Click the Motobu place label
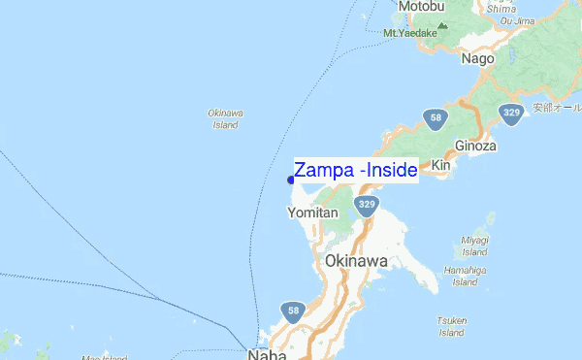(420, 7)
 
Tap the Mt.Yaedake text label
(410, 33)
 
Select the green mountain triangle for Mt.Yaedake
(443, 25)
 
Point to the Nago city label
(478, 58)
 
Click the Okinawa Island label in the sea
(225, 118)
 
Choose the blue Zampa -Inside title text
(355, 171)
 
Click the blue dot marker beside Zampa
(291, 179)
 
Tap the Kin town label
(441, 166)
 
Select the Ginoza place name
(475, 146)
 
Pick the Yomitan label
(312, 213)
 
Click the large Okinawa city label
(357, 262)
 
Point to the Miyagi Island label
(475, 245)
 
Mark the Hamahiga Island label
(465, 276)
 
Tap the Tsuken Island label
(453, 326)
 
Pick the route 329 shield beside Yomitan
(366, 205)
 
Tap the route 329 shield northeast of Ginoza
(511, 114)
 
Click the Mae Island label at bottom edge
(105, 356)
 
